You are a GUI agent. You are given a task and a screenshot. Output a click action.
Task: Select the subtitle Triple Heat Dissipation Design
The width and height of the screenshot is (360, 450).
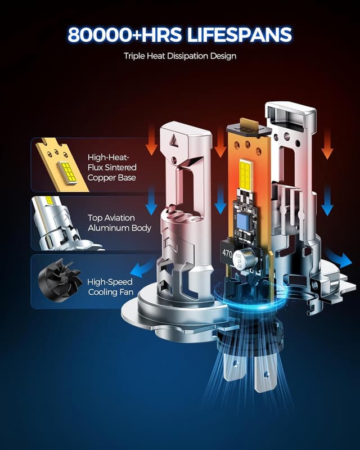[180, 56]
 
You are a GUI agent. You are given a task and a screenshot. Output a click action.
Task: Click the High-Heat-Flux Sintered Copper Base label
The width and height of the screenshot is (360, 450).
[112, 168]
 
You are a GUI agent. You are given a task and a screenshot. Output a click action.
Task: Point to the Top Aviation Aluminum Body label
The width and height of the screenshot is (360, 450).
[119, 223]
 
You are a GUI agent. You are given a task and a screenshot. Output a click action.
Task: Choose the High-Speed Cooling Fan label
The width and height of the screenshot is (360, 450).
[110, 287]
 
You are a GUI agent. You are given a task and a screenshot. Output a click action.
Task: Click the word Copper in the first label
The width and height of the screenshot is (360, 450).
[100, 178]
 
